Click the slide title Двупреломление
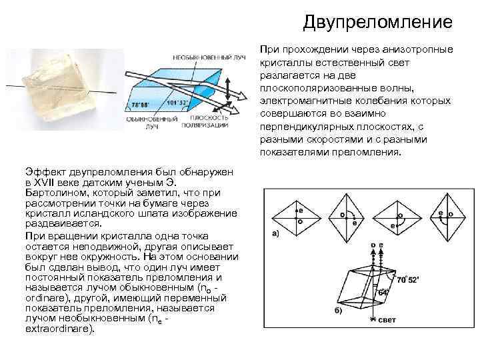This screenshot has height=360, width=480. (x=377, y=23)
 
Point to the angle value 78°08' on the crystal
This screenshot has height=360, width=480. (x=140, y=105)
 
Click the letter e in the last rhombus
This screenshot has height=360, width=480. (x=441, y=213)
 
